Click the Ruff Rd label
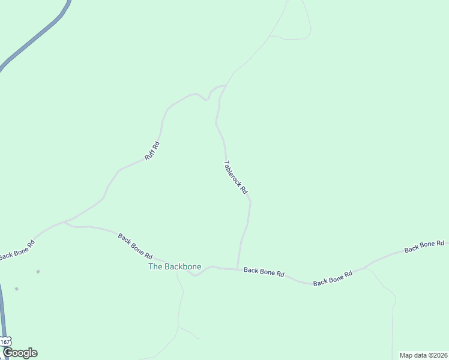tap(152, 151)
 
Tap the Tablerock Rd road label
tap(235, 176)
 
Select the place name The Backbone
tap(175, 266)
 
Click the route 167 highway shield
tap(5, 341)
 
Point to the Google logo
tap(20, 353)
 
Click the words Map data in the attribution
tap(413, 355)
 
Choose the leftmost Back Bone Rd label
tap(17, 251)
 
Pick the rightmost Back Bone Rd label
tap(424, 245)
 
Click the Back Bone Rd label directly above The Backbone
tap(135, 246)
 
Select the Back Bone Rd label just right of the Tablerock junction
tap(264, 272)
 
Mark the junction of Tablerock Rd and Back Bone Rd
tap(238, 269)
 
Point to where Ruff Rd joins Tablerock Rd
tap(225, 86)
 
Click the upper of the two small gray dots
tap(38, 272)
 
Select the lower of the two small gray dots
tap(16, 289)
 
